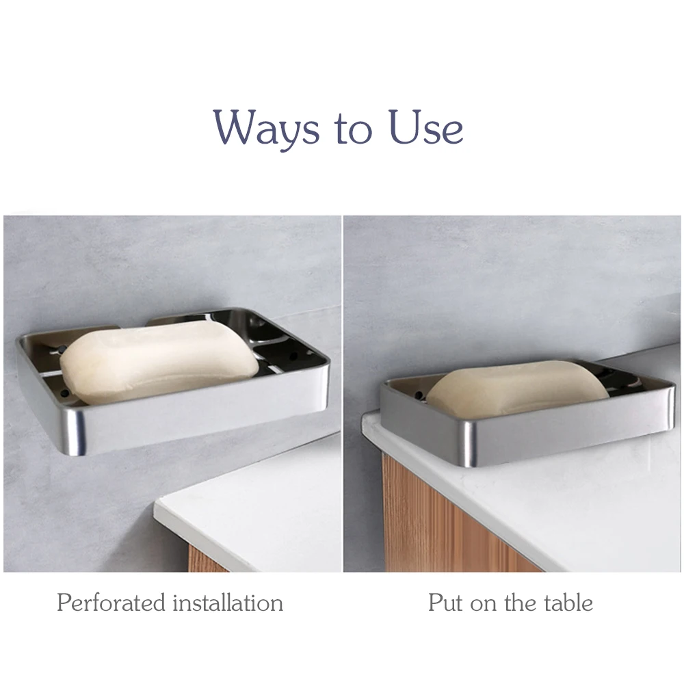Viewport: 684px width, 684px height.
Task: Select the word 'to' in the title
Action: pos(351,130)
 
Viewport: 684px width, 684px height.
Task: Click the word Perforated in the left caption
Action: pos(110,603)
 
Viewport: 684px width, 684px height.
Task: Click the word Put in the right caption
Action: pos(444,603)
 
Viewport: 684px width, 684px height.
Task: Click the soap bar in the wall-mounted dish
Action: pos(159,363)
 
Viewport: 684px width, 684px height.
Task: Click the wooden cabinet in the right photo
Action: pos(438,520)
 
